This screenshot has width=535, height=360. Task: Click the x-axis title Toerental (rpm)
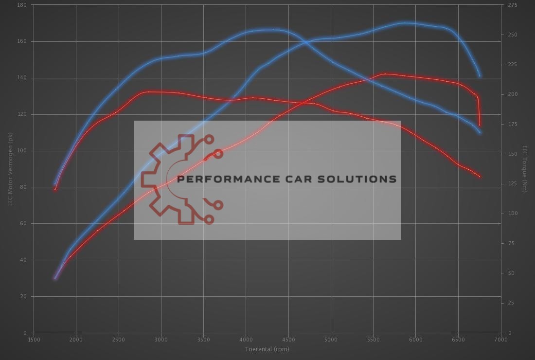pos(267,349)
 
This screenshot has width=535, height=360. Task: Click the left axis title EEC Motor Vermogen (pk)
pos(10,169)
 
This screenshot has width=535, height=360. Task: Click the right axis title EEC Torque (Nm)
pos(525,169)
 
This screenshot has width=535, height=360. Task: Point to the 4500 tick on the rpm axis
pos(288,340)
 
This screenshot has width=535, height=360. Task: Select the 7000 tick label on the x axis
pos(501,340)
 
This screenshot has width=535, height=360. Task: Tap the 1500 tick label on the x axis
pos(34,340)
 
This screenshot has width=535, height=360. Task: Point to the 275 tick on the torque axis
pos(512,5)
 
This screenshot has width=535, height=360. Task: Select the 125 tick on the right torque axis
pos(512,184)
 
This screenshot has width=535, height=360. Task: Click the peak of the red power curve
pos(385,74)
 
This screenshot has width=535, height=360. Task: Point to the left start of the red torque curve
pos(55,189)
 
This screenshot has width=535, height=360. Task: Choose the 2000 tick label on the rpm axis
pos(76,340)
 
